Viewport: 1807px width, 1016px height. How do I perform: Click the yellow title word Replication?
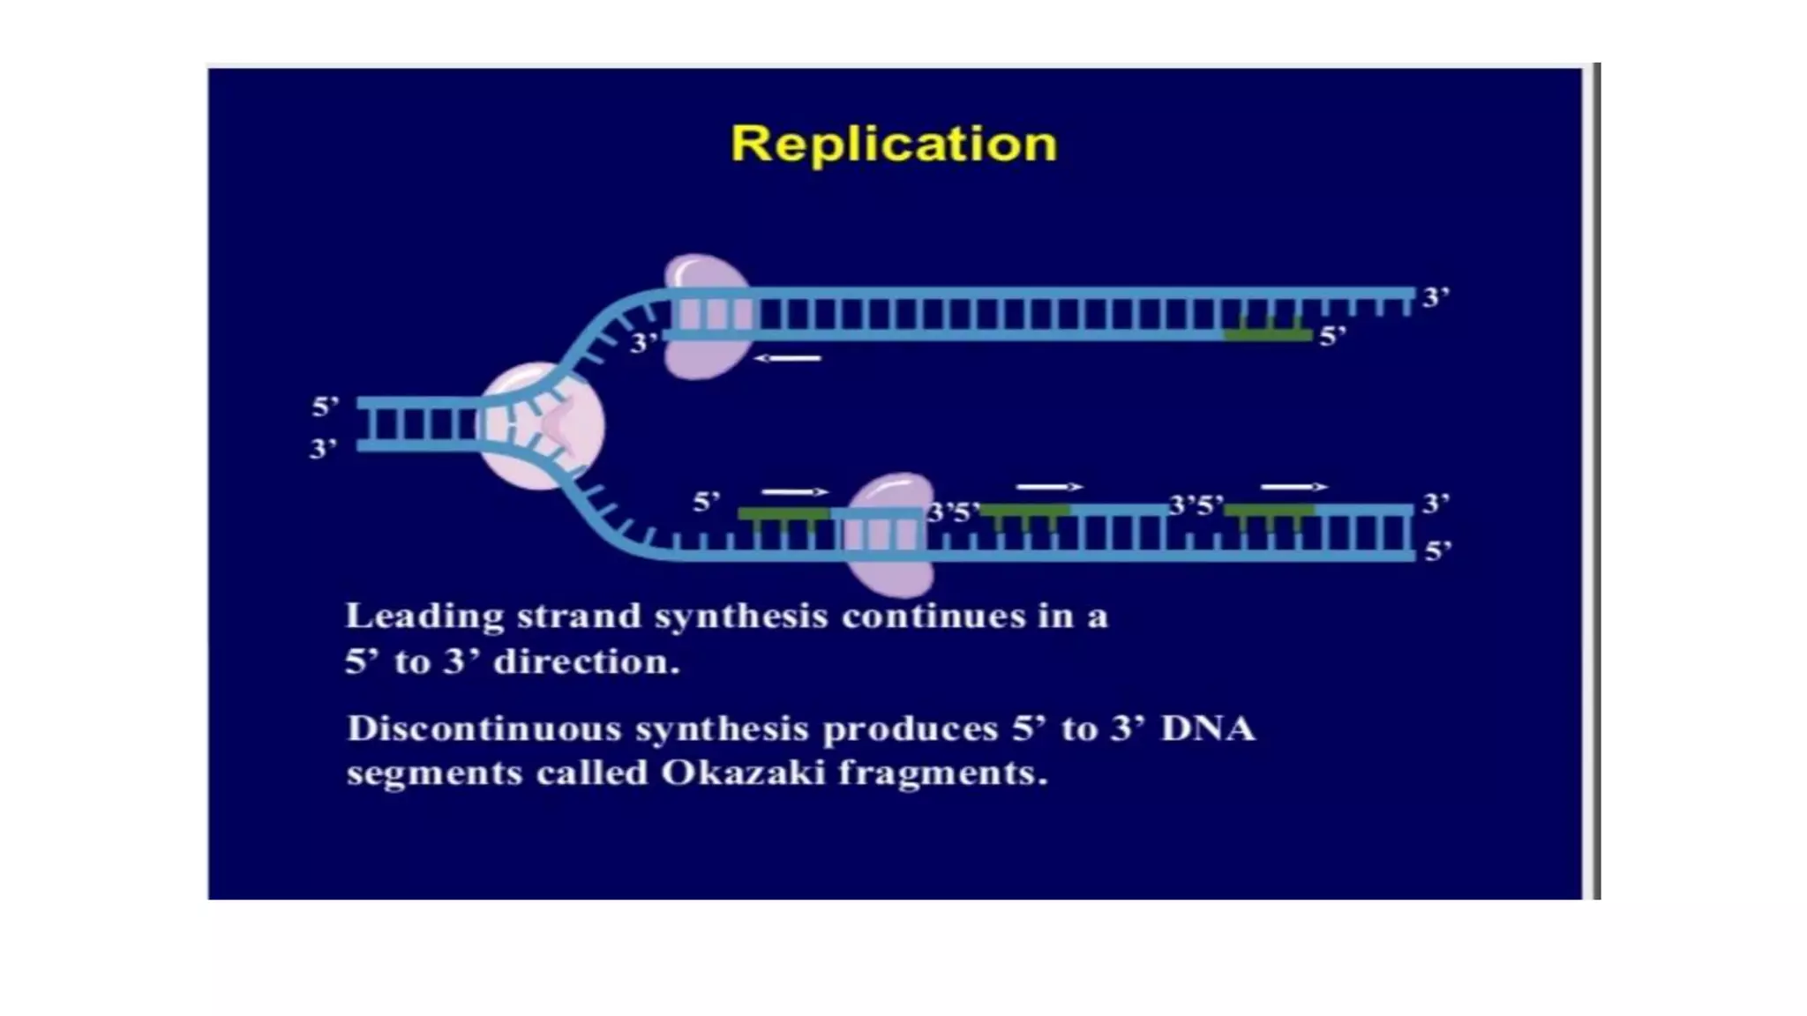click(x=894, y=144)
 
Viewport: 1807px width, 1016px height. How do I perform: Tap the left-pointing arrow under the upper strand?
click(x=787, y=358)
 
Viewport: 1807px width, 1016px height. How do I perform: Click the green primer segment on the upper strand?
click(x=1268, y=335)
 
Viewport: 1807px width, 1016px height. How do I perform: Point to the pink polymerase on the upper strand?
click(x=706, y=316)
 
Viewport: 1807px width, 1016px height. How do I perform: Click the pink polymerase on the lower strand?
click(x=888, y=535)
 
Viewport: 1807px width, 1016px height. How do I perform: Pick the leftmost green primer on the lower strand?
click(x=784, y=513)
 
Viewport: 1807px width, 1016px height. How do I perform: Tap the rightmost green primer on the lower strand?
click(x=1269, y=511)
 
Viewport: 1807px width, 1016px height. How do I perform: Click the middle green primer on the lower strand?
click(x=1024, y=511)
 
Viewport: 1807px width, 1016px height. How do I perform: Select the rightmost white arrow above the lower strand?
click(x=1293, y=487)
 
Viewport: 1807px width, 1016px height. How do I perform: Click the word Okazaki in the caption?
click(x=743, y=773)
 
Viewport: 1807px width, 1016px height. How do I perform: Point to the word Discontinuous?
click(x=484, y=729)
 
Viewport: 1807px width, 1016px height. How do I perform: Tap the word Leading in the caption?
click(x=424, y=616)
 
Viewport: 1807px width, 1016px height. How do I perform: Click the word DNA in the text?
click(x=1208, y=729)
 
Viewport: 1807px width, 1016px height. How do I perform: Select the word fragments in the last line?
click(x=942, y=773)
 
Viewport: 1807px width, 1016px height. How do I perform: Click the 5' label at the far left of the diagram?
click(x=325, y=407)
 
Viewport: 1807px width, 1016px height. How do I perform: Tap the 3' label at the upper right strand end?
click(x=1436, y=297)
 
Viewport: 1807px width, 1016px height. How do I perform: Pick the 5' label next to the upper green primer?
click(x=1332, y=337)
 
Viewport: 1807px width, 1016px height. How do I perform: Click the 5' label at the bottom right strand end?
click(x=1437, y=551)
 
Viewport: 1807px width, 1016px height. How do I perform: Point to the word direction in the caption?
click(x=587, y=662)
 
